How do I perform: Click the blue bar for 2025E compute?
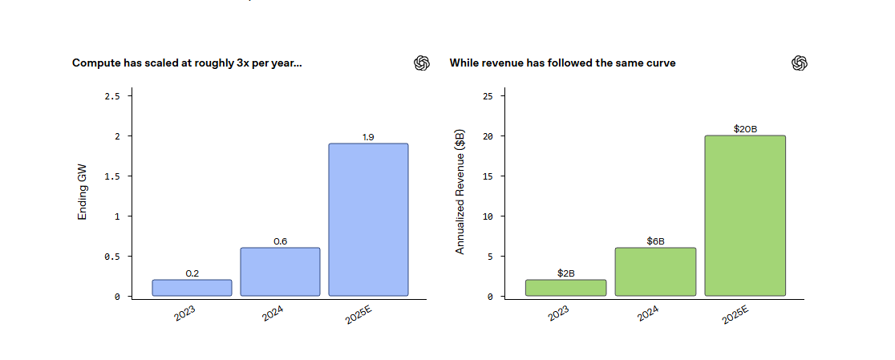pos(368,220)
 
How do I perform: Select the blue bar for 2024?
pos(280,272)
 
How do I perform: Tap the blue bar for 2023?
pos(192,288)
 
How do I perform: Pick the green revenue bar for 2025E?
pos(745,216)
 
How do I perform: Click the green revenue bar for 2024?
pos(655,272)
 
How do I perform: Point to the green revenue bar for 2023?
pos(566,288)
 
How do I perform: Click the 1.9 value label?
pos(368,137)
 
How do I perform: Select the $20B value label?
pos(745,129)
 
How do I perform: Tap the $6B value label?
pos(655,241)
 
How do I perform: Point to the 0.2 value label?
pos(192,273)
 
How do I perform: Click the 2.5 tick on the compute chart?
pos(112,96)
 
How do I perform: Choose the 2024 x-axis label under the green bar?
pos(649,313)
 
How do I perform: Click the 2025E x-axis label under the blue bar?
pos(358,315)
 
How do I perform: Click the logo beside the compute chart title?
pos(422,63)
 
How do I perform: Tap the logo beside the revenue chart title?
pos(799,63)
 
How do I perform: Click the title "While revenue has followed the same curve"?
pos(562,63)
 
